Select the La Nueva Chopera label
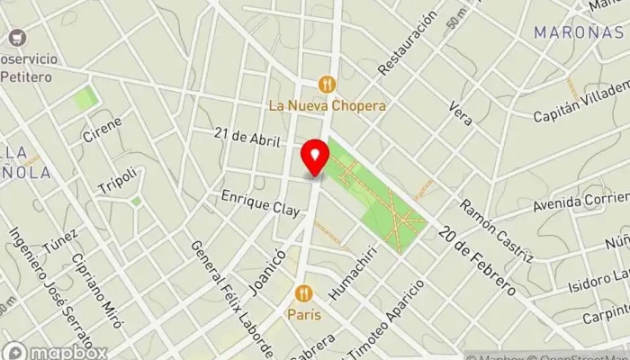pyautogui.click(x=328, y=105)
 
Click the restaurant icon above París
pyautogui.click(x=303, y=293)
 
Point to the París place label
pyautogui.click(x=304, y=316)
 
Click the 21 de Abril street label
pyautogui.click(x=248, y=137)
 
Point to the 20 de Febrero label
pyautogui.click(x=477, y=260)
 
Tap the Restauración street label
pyautogui.click(x=408, y=42)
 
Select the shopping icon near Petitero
pyautogui.click(x=15, y=39)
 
